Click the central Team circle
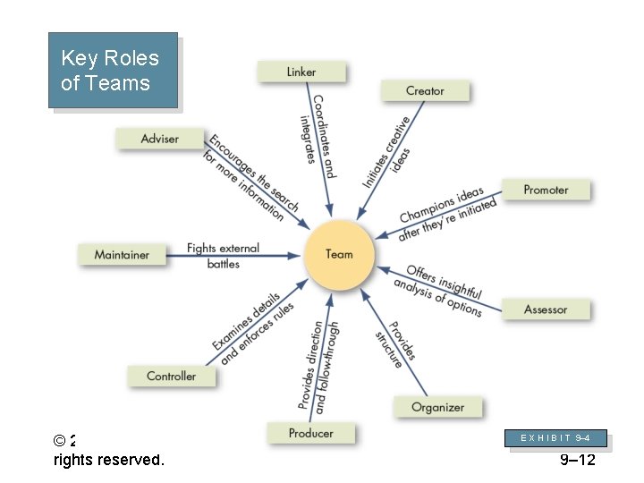click(339, 255)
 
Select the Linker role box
click(301, 72)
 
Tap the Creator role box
click(425, 90)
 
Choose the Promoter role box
click(546, 190)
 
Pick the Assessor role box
click(546, 309)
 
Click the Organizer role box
click(437, 407)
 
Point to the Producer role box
click(310, 433)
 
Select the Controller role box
click(171, 376)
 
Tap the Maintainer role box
click(122, 255)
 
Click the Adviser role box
click(160, 139)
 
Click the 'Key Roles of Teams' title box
click(112, 71)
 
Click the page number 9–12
click(577, 461)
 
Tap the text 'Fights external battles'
click(223, 256)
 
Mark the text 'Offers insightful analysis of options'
click(439, 290)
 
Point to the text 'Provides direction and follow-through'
click(319, 367)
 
